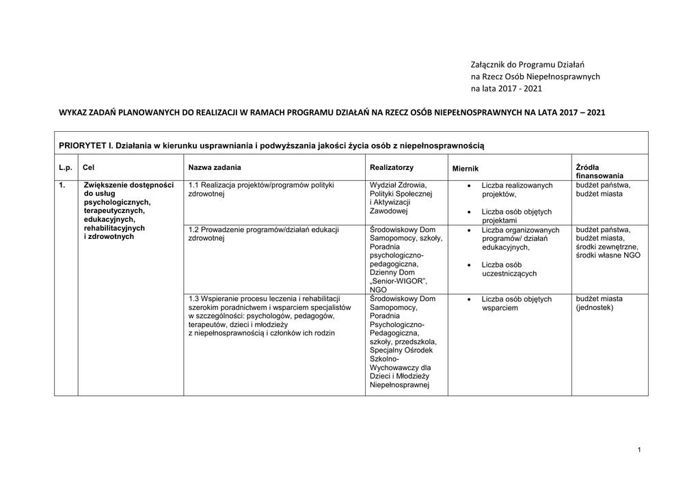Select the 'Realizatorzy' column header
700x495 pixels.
click(391, 167)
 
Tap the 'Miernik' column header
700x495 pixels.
click(465, 168)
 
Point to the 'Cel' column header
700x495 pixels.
click(88, 167)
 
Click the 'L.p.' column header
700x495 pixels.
click(66, 167)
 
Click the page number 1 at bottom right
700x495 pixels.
click(638, 449)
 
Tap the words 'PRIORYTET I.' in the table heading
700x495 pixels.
click(85, 145)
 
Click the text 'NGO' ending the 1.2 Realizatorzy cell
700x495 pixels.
click(377, 289)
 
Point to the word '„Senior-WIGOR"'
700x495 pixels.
click(398, 281)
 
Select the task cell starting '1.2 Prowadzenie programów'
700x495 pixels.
click(263, 234)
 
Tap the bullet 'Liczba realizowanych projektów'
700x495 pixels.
click(516, 190)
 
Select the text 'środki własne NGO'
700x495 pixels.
click(608, 255)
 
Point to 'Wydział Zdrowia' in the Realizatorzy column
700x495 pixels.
click(398, 185)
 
